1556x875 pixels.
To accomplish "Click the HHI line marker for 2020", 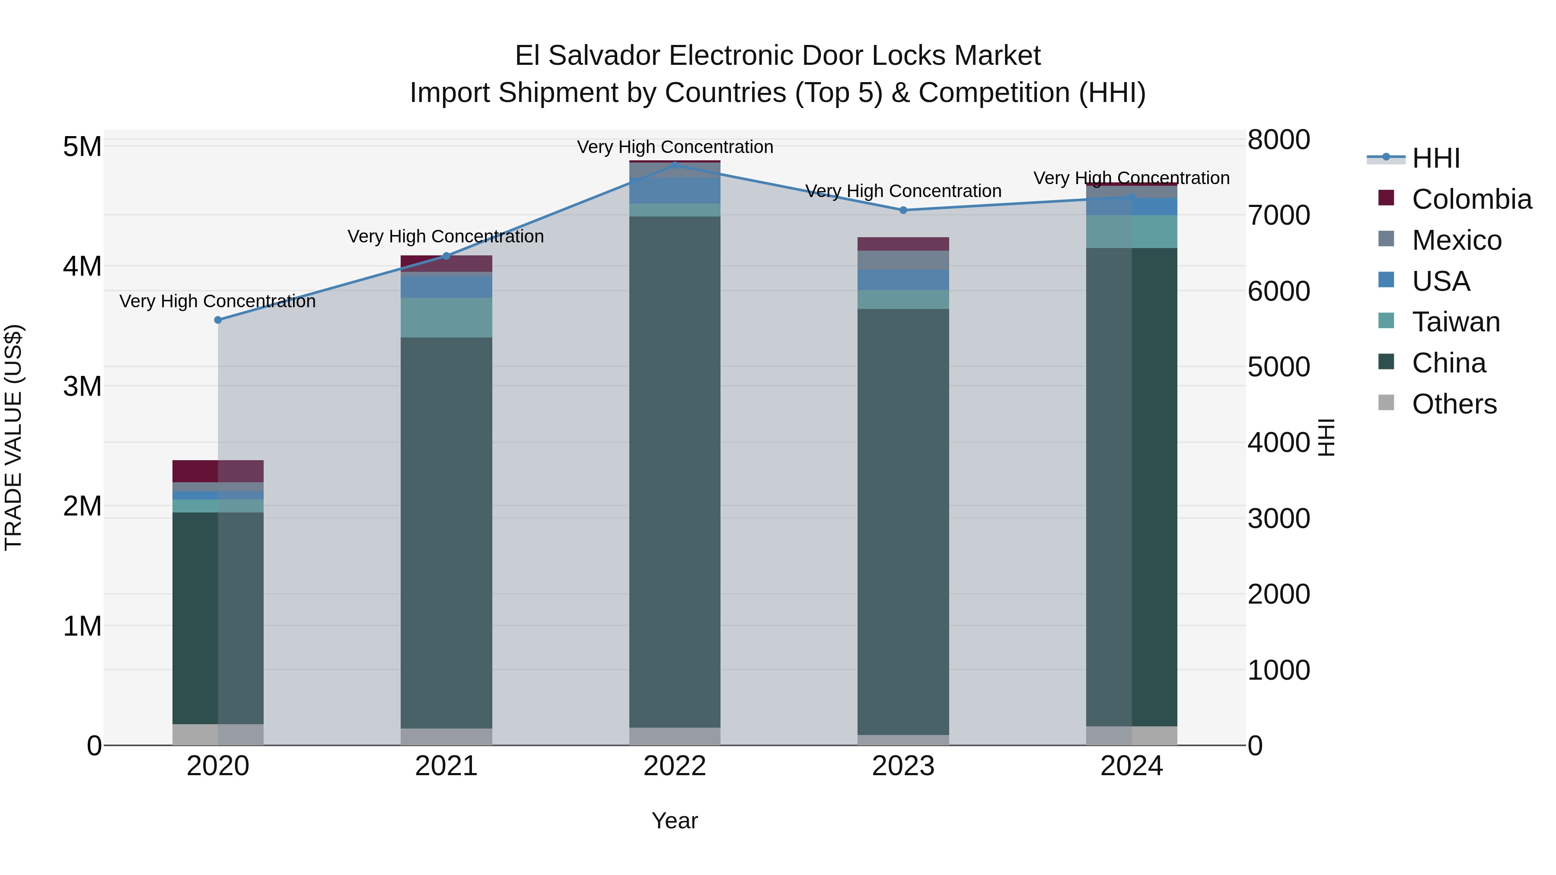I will [x=218, y=320].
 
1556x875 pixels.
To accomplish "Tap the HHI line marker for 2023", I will [x=903, y=210].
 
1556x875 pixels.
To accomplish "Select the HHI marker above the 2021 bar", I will [x=446, y=256].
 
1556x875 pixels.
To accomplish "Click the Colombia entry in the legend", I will [x=1471, y=199].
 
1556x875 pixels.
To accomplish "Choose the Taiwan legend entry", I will [x=1456, y=322].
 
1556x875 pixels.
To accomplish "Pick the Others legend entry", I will [x=1454, y=404].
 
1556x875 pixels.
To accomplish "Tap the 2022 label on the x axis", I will [x=675, y=766].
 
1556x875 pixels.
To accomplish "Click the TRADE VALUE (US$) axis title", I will [x=13, y=437].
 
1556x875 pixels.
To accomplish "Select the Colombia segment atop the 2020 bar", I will [x=218, y=471].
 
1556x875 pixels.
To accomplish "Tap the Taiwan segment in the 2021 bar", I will [x=446, y=317].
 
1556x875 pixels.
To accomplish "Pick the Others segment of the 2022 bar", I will [x=675, y=736].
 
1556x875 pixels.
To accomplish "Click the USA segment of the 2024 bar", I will [x=1132, y=207].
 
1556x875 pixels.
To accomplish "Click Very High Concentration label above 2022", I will [x=675, y=147].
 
